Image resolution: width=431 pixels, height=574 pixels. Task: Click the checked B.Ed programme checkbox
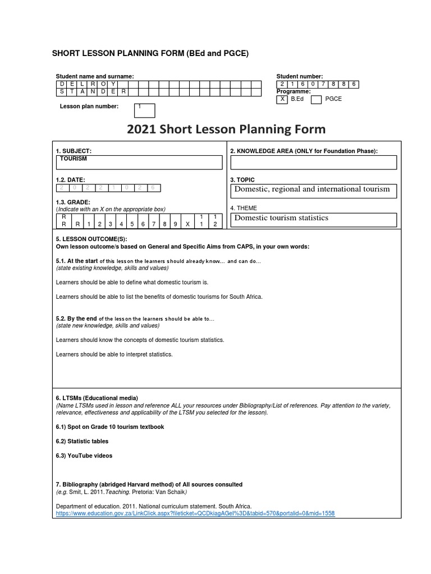(282, 99)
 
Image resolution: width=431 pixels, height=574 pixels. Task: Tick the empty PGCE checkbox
(316, 99)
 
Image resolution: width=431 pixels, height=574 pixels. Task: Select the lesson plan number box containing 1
(144, 110)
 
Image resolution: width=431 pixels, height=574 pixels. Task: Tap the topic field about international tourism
(313, 190)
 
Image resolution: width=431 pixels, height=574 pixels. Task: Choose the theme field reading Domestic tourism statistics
(313, 218)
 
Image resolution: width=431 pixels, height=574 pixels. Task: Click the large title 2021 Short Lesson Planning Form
(226, 130)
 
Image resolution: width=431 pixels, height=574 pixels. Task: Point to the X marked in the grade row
(188, 224)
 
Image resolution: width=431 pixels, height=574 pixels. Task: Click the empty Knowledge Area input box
(313, 162)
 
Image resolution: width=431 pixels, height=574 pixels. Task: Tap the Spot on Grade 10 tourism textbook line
(110, 427)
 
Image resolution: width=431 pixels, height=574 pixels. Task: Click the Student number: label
(300, 76)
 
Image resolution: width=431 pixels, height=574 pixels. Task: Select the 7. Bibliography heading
(149, 484)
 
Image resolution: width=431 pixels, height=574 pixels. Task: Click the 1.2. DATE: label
(71, 179)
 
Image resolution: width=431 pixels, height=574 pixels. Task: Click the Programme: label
(294, 91)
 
